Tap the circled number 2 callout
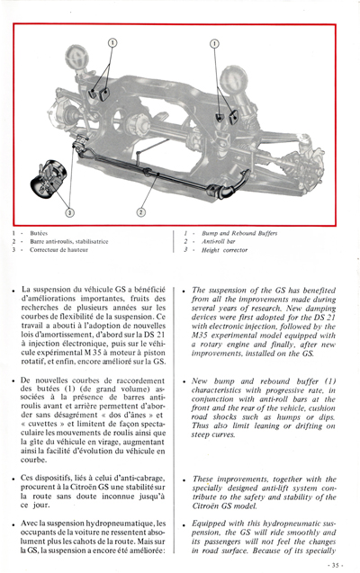140,212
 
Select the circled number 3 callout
69,212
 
